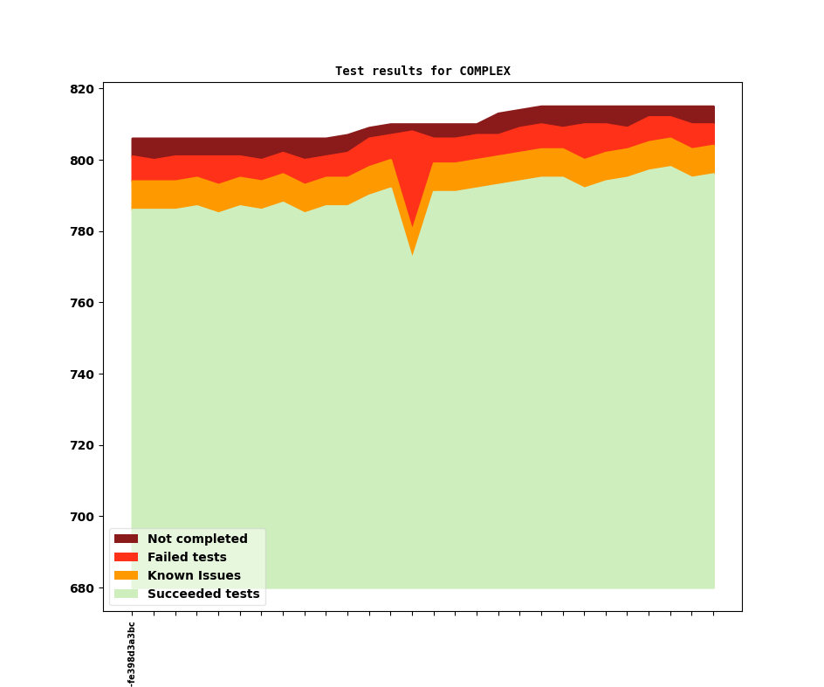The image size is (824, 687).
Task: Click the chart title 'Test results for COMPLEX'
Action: tap(422, 72)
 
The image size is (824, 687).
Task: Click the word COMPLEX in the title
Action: tap(484, 72)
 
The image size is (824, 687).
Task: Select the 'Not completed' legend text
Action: tap(197, 539)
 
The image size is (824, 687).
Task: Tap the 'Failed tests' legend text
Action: tap(187, 558)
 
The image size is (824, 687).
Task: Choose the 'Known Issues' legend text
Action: tap(194, 576)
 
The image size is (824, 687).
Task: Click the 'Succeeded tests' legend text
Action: tap(203, 594)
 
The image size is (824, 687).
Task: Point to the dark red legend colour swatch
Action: tap(126, 539)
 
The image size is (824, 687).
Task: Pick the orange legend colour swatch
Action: tap(126, 576)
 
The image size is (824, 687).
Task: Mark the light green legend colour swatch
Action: tap(126, 594)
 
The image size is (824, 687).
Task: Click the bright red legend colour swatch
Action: tap(126, 558)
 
